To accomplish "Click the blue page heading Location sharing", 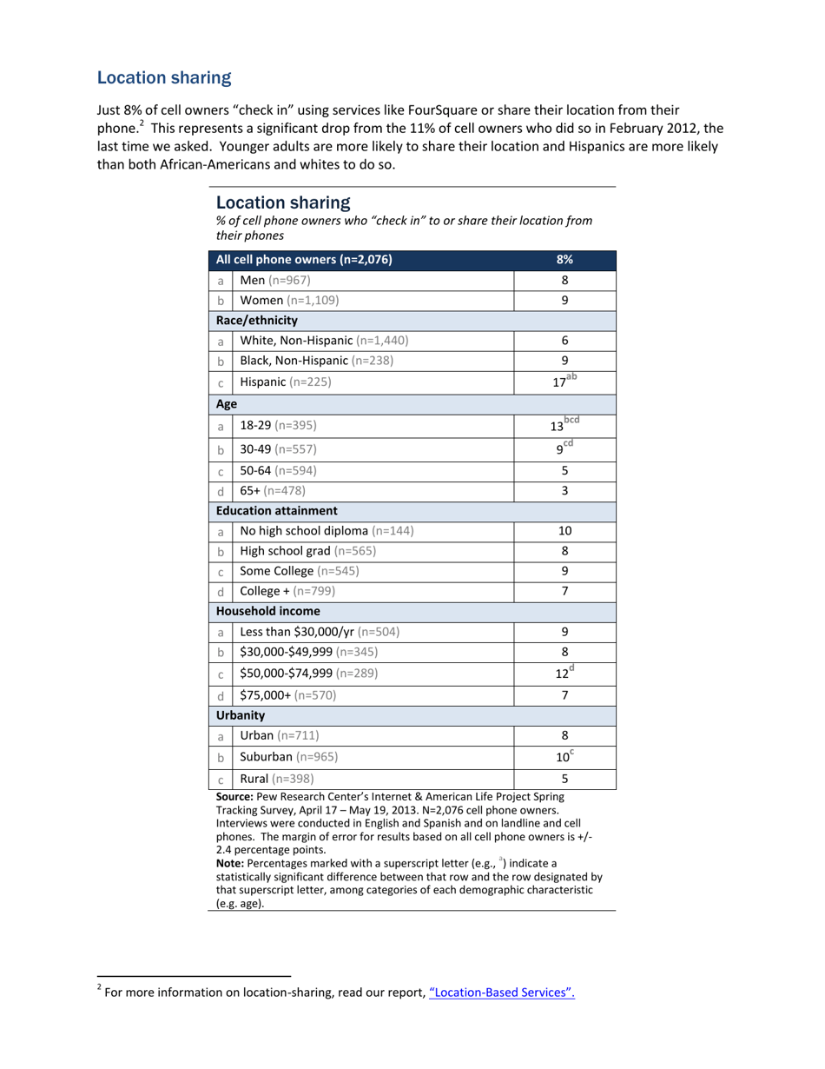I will pyautogui.click(x=164, y=78).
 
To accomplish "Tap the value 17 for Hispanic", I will pyautogui.click(x=561, y=382).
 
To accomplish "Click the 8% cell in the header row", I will pyautogui.click(x=564, y=259).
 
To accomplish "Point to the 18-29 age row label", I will pyautogui.click(x=278, y=426).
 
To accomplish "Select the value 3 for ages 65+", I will pyautogui.click(x=564, y=490).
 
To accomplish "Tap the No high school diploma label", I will pyautogui.click(x=327, y=530).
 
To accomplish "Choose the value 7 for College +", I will pyautogui.click(x=564, y=591).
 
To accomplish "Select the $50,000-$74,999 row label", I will pyautogui.click(x=309, y=673).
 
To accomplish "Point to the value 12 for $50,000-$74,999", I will pyautogui.click(x=561, y=674).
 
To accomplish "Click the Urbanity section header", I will pyautogui.click(x=241, y=715).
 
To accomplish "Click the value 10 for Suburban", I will pyautogui.click(x=562, y=757).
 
